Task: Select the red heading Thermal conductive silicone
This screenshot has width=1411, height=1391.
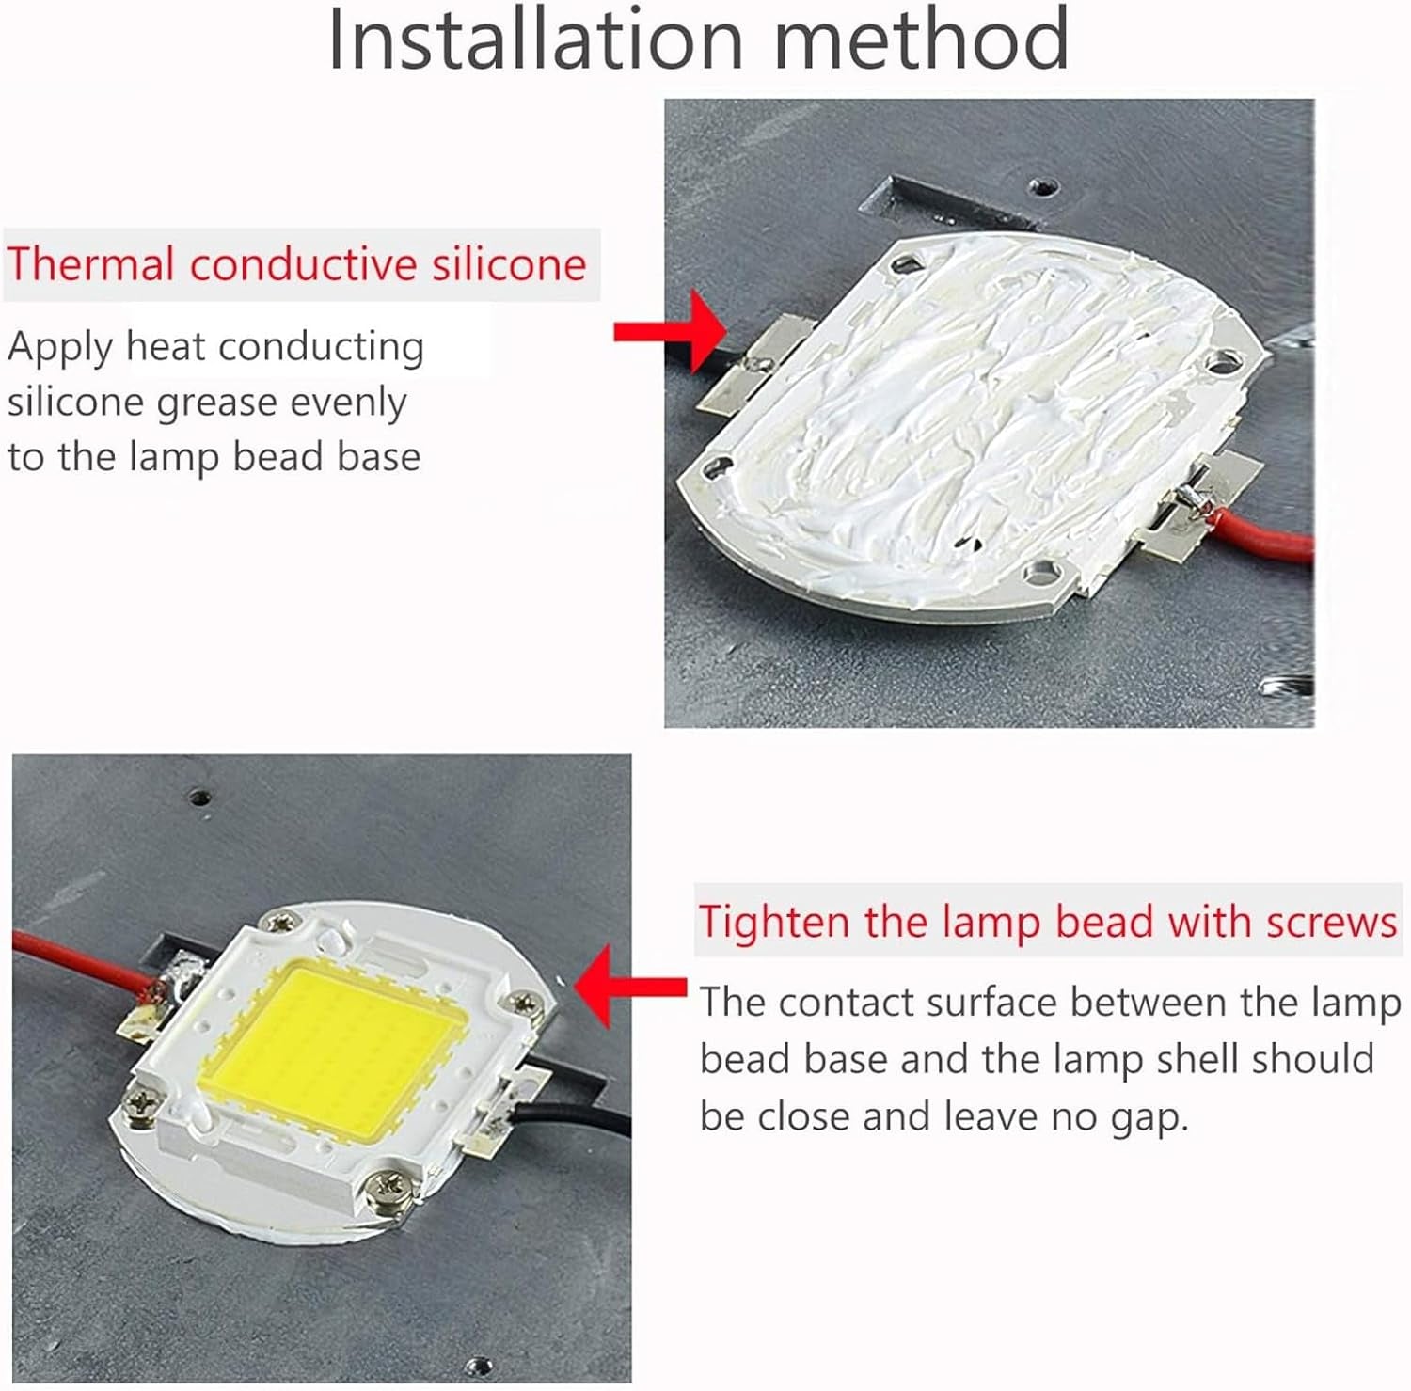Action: (x=297, y=264)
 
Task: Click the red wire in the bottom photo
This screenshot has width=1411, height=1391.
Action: (x=75, y=959)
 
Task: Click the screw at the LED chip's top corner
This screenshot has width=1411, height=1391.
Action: (x=279, y=922)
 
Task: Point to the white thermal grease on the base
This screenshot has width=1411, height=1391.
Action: (x=969, y=414)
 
